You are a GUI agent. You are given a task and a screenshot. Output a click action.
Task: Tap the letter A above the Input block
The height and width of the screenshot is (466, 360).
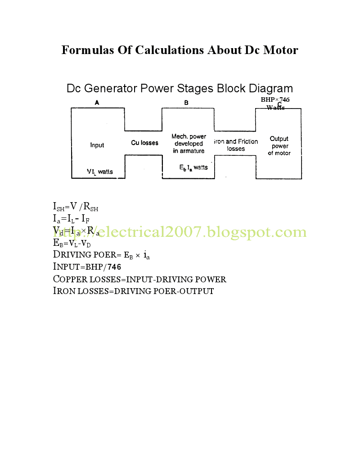97,103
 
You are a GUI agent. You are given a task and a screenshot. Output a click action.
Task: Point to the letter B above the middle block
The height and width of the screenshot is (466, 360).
186,103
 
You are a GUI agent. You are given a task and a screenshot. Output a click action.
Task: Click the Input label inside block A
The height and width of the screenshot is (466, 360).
97,145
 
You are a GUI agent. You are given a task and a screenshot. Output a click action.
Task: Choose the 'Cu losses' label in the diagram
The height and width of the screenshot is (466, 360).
144,143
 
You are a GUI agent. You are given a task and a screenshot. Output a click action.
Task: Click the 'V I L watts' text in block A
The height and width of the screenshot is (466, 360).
100,172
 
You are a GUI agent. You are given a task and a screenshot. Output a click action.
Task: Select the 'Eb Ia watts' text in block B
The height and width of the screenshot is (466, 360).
193,167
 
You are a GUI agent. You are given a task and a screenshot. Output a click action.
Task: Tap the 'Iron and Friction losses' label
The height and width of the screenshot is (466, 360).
236,145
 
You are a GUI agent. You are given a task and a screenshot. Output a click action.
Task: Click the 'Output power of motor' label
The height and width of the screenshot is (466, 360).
279,146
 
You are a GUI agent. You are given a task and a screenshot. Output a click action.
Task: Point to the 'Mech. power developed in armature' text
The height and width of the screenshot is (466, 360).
189,144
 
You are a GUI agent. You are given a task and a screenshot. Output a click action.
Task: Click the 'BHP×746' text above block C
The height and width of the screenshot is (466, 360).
275,100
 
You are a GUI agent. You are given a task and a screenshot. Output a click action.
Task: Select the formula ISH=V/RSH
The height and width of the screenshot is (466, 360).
76,208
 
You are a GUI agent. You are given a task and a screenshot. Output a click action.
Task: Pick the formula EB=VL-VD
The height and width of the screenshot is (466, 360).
72,243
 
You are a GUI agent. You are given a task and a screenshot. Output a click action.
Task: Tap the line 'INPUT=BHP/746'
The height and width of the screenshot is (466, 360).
87,267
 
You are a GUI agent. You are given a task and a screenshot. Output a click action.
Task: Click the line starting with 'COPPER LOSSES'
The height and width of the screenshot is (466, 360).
139,279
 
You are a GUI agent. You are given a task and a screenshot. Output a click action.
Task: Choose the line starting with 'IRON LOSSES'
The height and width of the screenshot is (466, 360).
133,291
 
